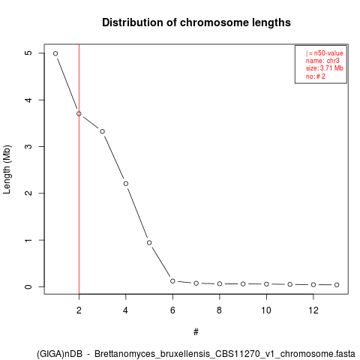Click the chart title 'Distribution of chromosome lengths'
click(x=196, y=22)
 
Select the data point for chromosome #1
click(x=55, y=53)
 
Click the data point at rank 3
click(x=102, y=131)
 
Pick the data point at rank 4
click(x=126, y=184)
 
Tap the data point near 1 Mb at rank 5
click(x=149, y=243)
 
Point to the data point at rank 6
click(x=172, y=281)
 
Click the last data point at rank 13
click(x=337, y=285)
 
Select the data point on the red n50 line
click(x=79, y=114)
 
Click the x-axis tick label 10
click(x=266, y=310)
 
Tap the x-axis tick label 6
click(x=172, y=310)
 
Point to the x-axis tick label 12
click(x=313, y=310)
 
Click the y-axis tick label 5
click(x=28, y=53)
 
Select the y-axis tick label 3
click(x=28, y=146)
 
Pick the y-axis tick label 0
click(x=28, y=286)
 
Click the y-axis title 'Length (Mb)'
click(x=7, y=169)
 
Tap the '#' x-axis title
click(x=196, y=332)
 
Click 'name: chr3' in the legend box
click(x=322, y=61)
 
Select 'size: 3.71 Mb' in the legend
click(x=324, y=68)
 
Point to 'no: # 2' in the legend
click(x=316, y=76)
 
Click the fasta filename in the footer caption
click(x=225, y=354)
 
